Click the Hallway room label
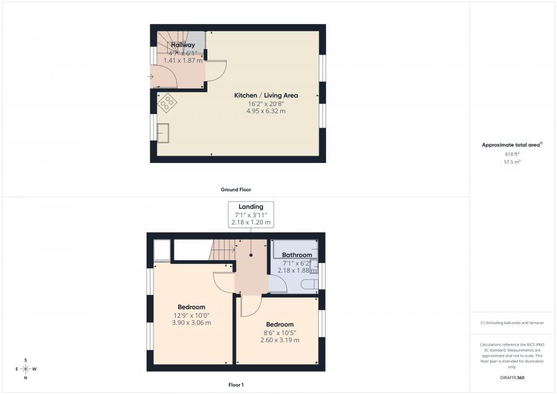183,45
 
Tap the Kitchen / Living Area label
266,95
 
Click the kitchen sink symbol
163,133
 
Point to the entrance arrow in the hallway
151,77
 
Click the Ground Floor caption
236,190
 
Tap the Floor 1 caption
236,385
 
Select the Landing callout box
251,214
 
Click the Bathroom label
297,255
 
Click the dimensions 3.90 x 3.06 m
191,323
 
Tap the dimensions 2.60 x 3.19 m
280,340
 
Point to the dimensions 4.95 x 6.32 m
266,111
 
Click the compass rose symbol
25,369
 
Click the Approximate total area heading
511,145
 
